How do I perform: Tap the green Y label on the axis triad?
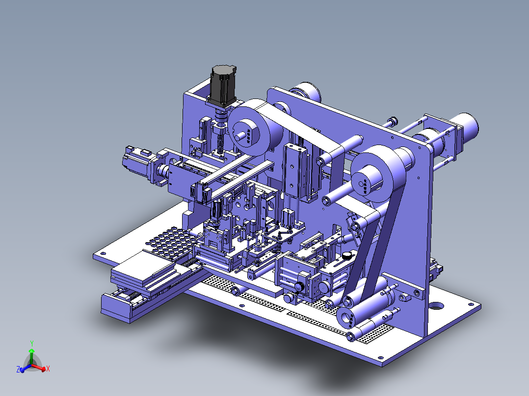[x=32, y=344]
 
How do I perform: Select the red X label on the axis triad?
[x=48, y=369]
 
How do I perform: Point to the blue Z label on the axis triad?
[x=18, y=370]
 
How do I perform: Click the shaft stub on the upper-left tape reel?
[x=241, y=136]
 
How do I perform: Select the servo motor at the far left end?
[x=139, y=162]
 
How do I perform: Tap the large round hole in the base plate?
[x=436, y=306]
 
